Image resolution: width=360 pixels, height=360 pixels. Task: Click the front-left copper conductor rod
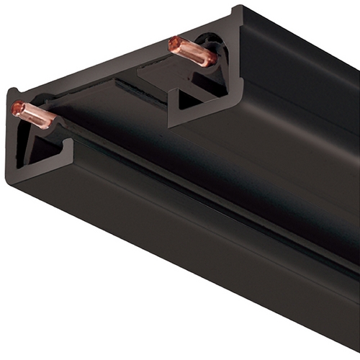(x=34, y=116)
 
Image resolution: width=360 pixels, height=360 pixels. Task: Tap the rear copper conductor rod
(x=192, y=52)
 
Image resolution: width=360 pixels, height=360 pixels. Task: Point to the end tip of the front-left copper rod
(x=17, y=108)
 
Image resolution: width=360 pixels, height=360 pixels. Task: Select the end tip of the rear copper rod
(x=174, y=43)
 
